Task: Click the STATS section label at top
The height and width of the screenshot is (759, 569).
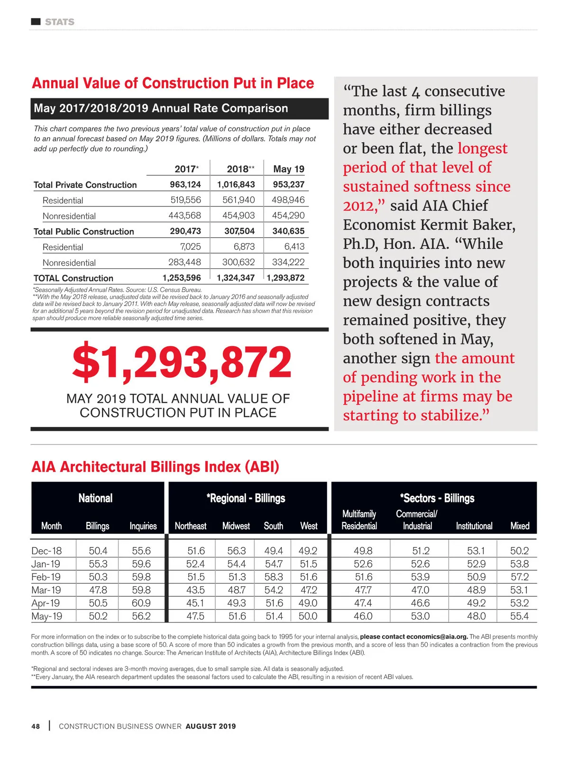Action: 59,22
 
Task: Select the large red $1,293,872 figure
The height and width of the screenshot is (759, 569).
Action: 182,363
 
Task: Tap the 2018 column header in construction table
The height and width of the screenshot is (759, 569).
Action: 240,169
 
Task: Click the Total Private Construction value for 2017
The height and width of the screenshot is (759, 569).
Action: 185,184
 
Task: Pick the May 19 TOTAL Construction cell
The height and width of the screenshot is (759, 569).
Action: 286,278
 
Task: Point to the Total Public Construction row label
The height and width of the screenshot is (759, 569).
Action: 84,231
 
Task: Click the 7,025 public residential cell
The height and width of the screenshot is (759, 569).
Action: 191,247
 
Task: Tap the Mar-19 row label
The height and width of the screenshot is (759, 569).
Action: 46,590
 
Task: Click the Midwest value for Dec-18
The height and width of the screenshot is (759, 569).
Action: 236,551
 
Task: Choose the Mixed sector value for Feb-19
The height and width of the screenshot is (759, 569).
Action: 519,577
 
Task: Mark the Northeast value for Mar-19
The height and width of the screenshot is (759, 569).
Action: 195,590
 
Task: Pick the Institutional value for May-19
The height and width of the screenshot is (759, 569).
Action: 476,616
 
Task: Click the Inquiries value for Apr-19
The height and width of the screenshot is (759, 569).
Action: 141,603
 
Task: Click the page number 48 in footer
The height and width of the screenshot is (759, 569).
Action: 36,726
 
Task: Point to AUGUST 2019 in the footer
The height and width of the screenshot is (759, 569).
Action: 211,726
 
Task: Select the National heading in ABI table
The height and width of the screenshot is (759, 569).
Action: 95,498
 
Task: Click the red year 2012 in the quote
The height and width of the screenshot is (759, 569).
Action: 359,206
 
